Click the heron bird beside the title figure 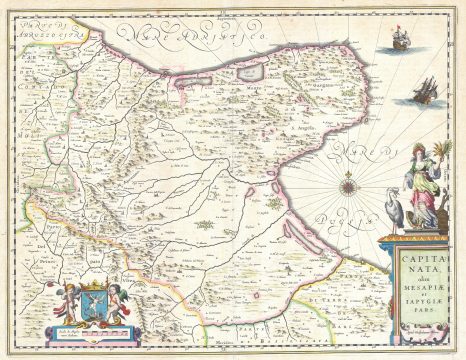tap(392, 210)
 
